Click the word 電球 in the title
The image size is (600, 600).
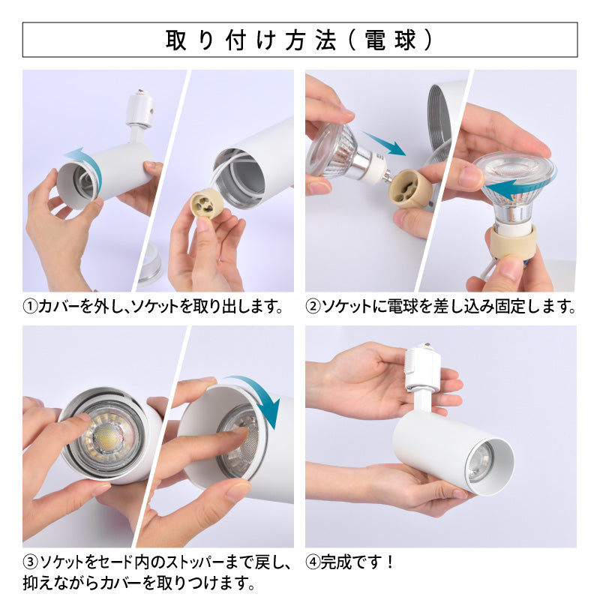pos(390,40)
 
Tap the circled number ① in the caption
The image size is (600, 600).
pos(30,307)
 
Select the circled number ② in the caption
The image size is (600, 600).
pos(312,307)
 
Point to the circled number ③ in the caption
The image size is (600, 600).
pos(30,562)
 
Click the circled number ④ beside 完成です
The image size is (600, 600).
pos(313,562)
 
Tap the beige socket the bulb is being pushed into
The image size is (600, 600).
pos(410,189)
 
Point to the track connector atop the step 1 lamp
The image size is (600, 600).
pos(140,108)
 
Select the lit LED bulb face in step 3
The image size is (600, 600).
pos(108,435)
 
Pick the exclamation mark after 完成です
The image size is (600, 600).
pos(390,562)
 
